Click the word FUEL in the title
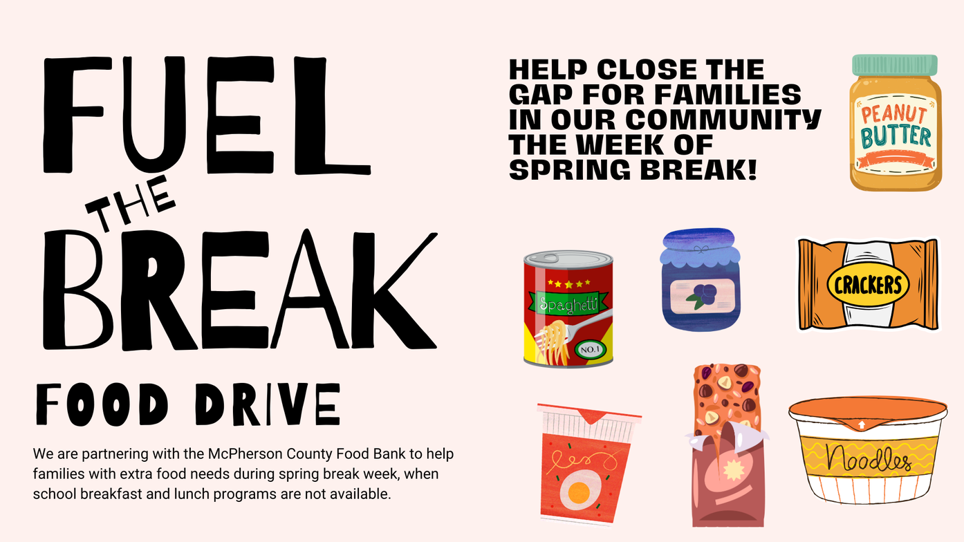point(207,115)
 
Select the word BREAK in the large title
point(240,290)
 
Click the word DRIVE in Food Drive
point(268,404)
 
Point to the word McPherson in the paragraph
point(245,454)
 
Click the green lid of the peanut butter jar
point(895,65)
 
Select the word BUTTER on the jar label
point(896,137)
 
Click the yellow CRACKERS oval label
point(868,286)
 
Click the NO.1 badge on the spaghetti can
point(590,350)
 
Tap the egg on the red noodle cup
point(578,492)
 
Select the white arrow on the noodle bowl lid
point(861,425)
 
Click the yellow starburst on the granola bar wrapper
point(734,469)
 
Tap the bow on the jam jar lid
point(701,249)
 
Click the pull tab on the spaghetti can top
point(548,258)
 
